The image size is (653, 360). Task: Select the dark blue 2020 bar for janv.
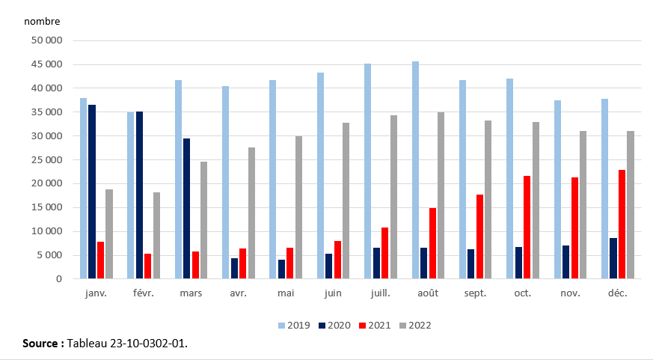tap(92, 192)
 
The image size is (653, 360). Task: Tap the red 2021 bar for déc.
tap(622, 225)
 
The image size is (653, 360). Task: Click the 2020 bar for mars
tap(187, 209)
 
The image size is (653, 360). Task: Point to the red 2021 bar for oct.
tap(527, 228)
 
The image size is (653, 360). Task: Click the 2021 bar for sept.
tap(479, 237)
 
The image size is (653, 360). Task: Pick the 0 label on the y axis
tap(60, 279)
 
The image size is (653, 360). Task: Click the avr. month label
tap(239, 293)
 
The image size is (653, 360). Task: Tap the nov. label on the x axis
tap(571, 293)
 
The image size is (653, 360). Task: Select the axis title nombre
tap(42, 22)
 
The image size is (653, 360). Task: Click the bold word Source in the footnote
tap(42, 344)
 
